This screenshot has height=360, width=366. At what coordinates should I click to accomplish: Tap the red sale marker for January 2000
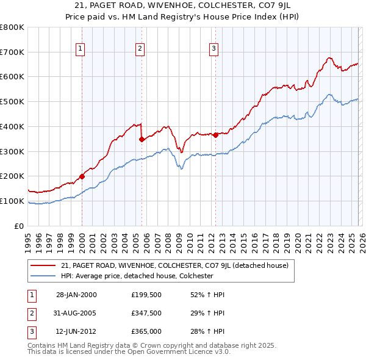point(82,176)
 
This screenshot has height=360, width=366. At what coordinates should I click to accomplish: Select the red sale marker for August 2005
point(142,139)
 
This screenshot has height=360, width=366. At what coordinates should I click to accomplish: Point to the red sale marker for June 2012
point(215,135)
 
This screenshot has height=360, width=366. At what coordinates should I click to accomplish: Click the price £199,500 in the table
point(146,295)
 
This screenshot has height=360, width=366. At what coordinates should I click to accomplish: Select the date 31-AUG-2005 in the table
point(76,313)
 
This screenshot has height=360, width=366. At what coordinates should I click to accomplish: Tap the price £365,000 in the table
point(146,331)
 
